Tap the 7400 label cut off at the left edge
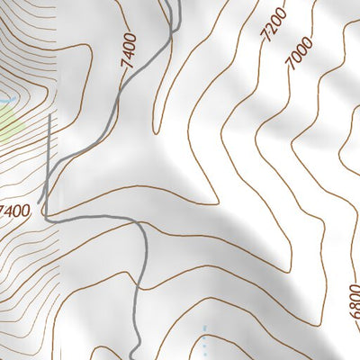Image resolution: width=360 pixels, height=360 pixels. [x=15, y=211]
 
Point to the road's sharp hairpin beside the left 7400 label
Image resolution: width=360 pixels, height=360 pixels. [x=45, y=213]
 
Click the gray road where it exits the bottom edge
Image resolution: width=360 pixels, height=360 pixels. [x=135, y=357]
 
